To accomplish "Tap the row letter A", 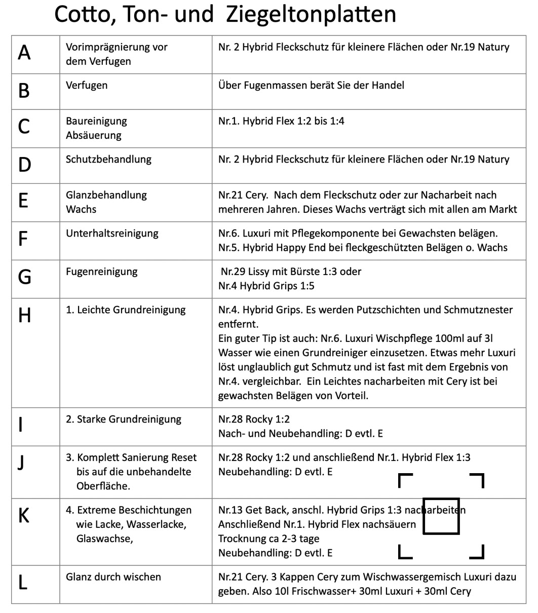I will pos(24,53).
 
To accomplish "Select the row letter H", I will pos(24,316).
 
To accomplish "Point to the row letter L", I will pos(22,583).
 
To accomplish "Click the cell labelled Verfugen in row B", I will pos(87,85).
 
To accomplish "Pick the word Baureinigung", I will pos(96,121).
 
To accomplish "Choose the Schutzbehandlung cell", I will pos(108,159).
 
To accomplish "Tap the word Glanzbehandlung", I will pos(106,195).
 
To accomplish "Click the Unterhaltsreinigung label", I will pos(112,234).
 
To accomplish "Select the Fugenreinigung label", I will pos(101,272).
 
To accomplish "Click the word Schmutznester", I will pos(480,310).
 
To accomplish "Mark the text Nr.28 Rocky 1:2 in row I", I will pos(254,419).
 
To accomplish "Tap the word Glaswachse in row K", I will pos(104,539).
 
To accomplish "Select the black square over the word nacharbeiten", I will pos(441,516).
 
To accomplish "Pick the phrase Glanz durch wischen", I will pos(113,577).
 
